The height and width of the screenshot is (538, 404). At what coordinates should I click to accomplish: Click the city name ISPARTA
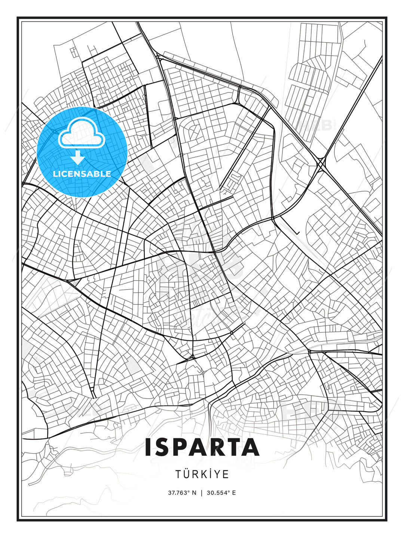pyautogui.click(x=202, y=447)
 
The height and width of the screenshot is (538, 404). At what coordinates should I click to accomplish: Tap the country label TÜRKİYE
pyautogui.click(x=202, y=474)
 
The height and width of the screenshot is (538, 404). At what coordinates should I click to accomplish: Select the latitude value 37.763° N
pyautogui.click(x=182, y=493)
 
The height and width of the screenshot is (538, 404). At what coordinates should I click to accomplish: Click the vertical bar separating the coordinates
pyautogui.click(x=202, y=493)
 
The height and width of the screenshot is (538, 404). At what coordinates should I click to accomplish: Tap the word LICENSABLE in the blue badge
pyautogui.click(x=82, y=174)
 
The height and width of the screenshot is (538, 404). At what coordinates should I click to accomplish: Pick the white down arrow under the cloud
pyautogui.click(x=78, y=157)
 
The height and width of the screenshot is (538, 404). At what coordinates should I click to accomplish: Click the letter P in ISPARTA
pyautogui.click(x=182, y=447)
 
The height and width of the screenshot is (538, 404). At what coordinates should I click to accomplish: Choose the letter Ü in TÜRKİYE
pyautogui.click(x=187, y=474)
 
